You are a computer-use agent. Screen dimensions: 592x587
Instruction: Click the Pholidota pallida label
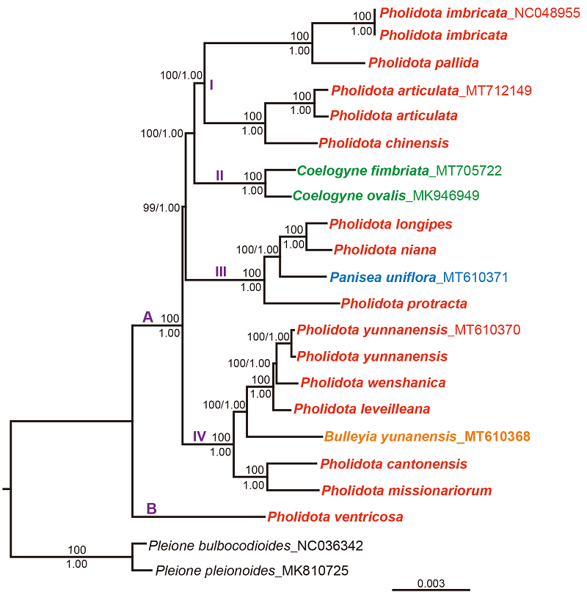pos(423,62)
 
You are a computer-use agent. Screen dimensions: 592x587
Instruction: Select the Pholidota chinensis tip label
pos(383,142)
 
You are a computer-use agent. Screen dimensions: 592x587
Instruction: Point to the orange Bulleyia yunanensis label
pos(427,436)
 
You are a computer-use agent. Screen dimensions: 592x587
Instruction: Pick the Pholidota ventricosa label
pos(335,516)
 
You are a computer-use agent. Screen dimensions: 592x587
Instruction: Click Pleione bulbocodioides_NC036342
pos(255,546)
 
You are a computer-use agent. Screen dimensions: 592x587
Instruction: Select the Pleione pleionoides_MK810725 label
pos(251,570)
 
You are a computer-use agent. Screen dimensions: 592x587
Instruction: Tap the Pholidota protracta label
pos(404,303)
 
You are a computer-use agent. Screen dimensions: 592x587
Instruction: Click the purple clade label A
pos(147,317)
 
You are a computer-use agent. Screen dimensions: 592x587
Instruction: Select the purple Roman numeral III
pos(221,272)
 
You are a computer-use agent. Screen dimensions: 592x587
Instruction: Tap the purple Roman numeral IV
pos(200,436)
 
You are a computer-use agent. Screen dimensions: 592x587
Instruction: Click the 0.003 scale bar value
pos(431,583)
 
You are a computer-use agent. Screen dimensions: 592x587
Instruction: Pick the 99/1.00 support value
pos(162,207)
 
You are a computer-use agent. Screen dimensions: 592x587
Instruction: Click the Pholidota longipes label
pos(390,223)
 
